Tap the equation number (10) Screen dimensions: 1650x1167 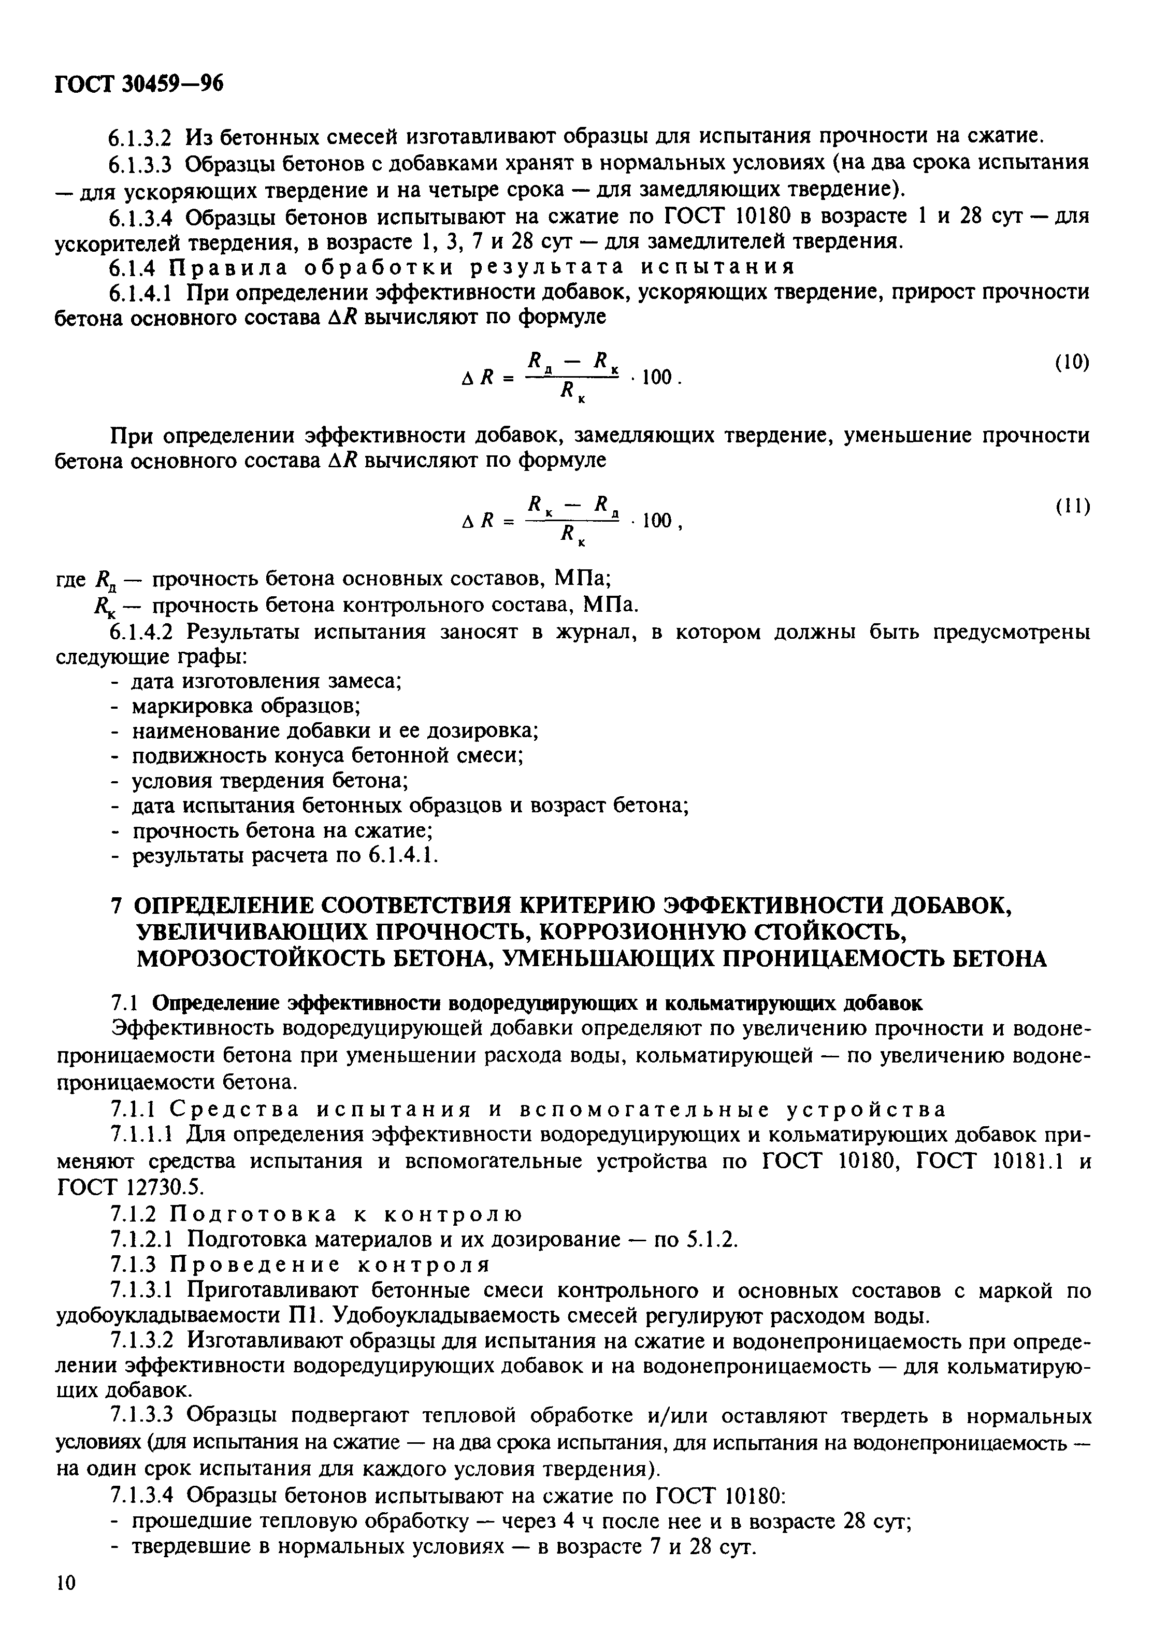pyautogui.click(x=1072, y=363)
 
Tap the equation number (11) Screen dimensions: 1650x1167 pyautogui.click(x=1072, y=507)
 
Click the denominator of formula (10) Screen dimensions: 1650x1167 pyautogui.click(x=571, y=392)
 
